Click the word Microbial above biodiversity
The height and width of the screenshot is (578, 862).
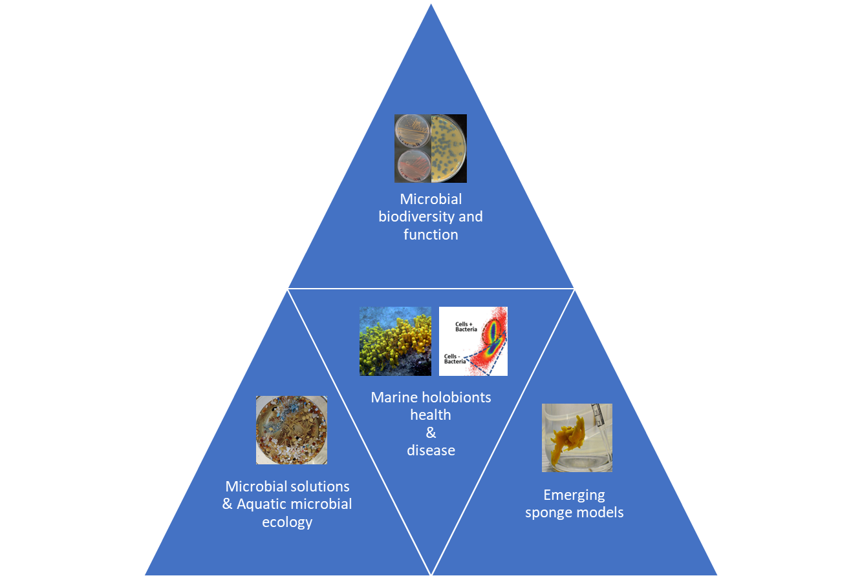tap(431, 200)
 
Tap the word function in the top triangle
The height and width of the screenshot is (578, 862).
tap(431, 234)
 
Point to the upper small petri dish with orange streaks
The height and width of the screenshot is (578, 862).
tap(413, 131)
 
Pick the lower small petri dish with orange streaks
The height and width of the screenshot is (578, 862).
tap(412, 165)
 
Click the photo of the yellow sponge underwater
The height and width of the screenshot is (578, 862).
tap(395, 341)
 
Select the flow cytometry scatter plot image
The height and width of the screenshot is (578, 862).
tap(473, 341)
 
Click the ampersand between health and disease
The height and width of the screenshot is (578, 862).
tap(431, 433)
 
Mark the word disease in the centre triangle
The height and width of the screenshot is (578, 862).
tap(431, 450)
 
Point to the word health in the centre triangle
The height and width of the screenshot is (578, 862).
tap(431, 415)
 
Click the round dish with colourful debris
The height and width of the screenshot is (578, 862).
tap(291, 430)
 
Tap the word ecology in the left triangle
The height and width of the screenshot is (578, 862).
tap(287, 522)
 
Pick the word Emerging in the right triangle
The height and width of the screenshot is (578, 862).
tap(574, 495)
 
